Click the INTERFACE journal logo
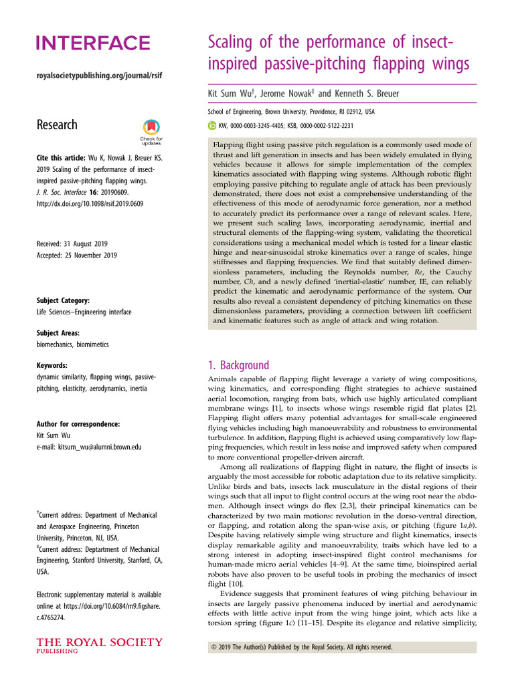click(92, 44)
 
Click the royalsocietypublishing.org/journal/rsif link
click(98, 76)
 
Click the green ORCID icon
click(213, 125)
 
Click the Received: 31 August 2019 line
click(73, 243)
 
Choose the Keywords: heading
click(52, 365)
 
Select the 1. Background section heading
click(239, 365)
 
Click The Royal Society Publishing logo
click(98, 646)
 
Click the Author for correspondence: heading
click(78, 424)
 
